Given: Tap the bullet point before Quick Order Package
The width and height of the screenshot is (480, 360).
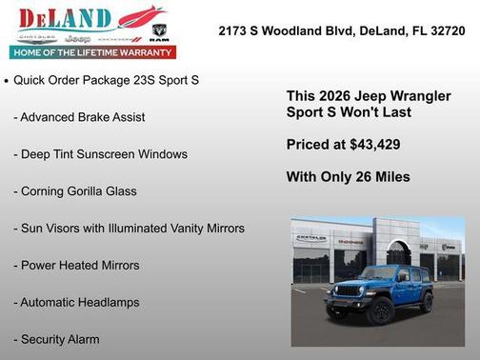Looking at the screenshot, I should tap(7, 81).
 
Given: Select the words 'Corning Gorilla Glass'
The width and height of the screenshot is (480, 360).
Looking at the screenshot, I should tap(75, 191).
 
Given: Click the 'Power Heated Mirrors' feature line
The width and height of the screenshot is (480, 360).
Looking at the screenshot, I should tap(76, 266).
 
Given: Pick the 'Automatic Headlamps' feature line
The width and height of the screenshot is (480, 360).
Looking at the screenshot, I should tap(76, 303).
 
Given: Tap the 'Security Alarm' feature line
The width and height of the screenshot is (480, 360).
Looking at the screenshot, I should tap(56, 339).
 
